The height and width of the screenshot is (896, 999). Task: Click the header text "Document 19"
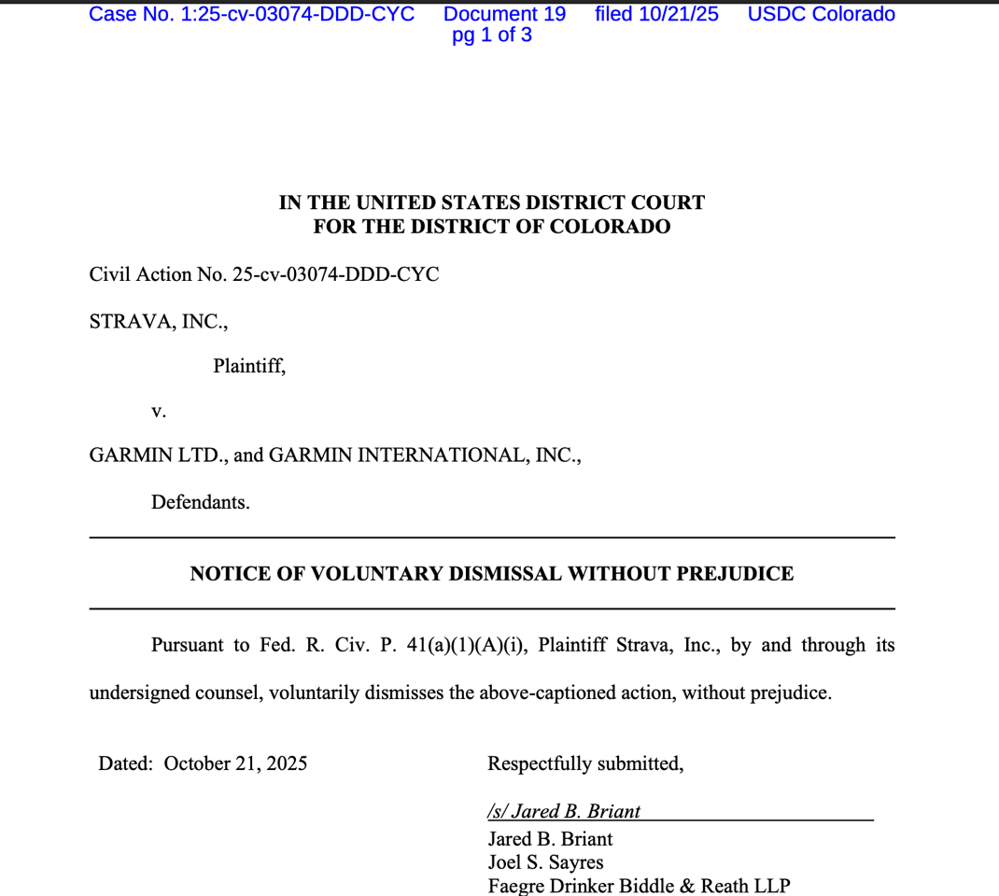[x=504, y=14]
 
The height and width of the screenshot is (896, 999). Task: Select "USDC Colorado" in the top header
[x=821, y=14]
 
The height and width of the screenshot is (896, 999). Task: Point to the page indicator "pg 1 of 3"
[x=492, y=35]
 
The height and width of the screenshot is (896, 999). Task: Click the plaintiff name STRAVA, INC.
[x=158, y=321]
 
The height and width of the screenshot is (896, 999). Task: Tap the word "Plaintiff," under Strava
[x=249, y=366]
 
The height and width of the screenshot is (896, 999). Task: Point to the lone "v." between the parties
[x=159, y=411]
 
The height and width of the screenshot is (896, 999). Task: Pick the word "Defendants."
[x=201, y=502]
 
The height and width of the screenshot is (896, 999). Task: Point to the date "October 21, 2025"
[x=235, y=763]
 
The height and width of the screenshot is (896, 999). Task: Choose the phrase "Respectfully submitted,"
[x=585, y=763]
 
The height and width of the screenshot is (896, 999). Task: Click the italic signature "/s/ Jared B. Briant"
[x=564, y=811]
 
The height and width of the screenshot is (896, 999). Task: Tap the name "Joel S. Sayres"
[x=545, y=861]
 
